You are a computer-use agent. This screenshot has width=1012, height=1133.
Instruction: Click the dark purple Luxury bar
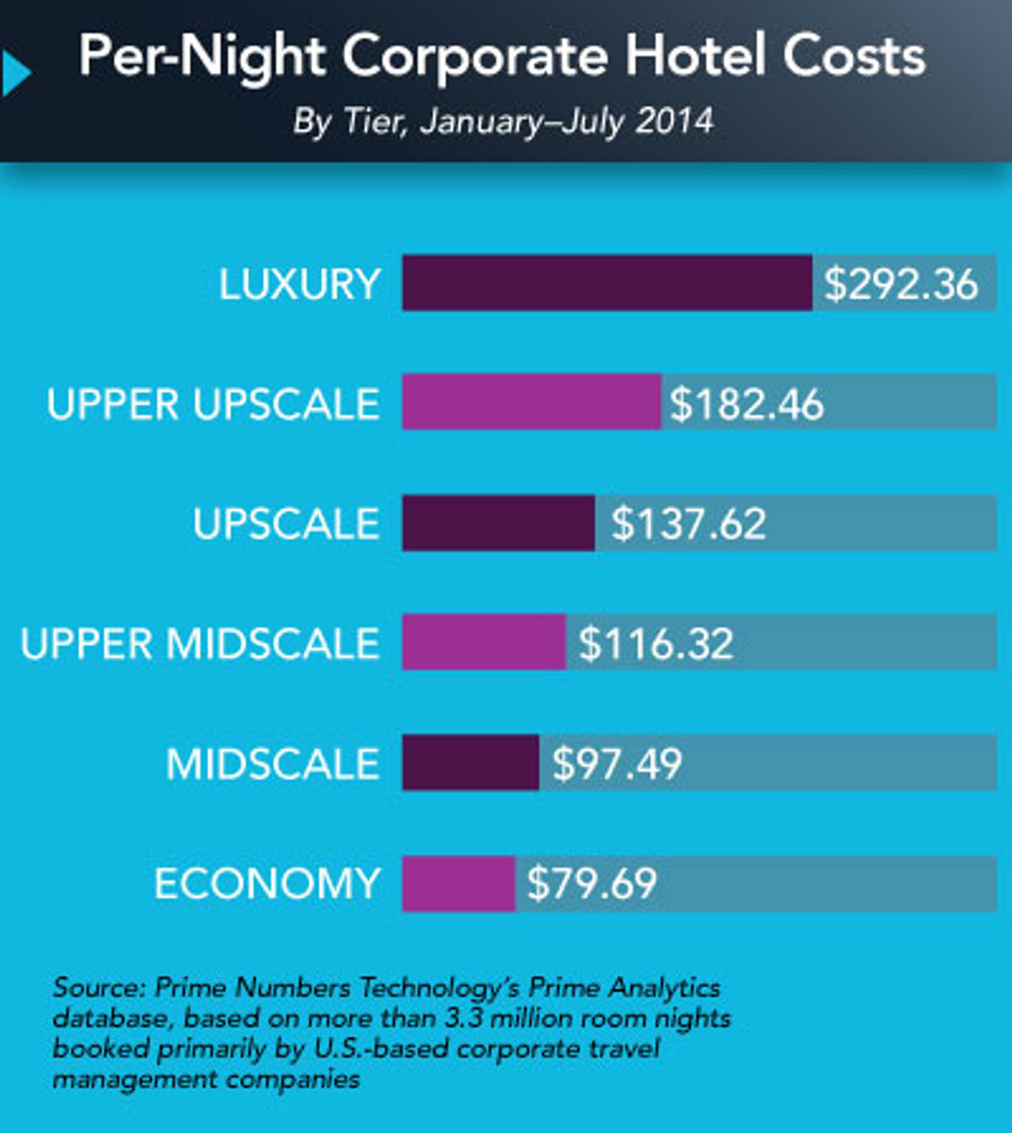[607, 283]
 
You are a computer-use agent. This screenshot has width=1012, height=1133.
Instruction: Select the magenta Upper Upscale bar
[531, 403]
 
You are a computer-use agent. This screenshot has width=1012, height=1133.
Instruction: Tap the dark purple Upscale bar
[498, 523]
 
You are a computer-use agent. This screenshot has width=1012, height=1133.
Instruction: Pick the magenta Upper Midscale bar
[483, 642]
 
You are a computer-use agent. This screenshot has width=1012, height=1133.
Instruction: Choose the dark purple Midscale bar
[471, 763]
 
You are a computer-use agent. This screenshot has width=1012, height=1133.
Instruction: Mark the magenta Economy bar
[458, 883]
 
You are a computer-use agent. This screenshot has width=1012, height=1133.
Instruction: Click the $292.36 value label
[901, 284]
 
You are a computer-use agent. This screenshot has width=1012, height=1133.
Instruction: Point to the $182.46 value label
[746, 404]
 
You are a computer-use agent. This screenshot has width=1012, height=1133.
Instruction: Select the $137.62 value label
[688, 524]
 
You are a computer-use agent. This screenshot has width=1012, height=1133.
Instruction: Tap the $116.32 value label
[655, 643]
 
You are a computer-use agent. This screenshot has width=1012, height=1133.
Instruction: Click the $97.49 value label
[616, 764]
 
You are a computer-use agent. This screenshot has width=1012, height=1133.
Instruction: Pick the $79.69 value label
[591, 883]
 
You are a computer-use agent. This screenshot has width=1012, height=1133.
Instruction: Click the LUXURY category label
[299, 284]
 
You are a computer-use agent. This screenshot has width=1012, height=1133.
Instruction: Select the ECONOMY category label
[266, 883]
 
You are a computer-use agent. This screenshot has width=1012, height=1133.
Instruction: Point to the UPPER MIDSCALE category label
[200, 643]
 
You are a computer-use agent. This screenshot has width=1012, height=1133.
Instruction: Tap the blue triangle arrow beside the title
[15, 73]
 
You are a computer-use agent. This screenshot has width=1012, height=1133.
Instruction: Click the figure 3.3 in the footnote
[462, 1018]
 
